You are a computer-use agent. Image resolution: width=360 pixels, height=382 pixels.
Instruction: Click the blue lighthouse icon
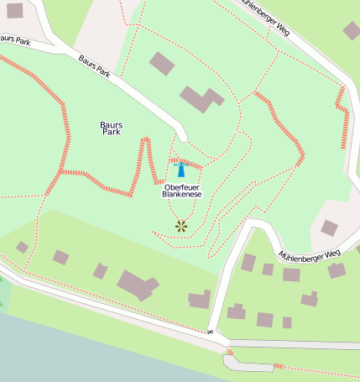pyautogui.click(x=180, y=170)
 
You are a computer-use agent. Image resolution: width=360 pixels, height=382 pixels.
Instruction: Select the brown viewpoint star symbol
pyautogui.click(x=180, y=225)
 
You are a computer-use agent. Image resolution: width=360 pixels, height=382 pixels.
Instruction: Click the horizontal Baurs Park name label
pyautogui.click(x=111, y=128)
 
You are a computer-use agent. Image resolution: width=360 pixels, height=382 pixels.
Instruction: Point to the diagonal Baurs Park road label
pyautogui.click(x=95, y=65)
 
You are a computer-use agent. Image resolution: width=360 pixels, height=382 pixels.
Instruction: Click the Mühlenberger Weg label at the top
pyautogui.click(x=267, y=14)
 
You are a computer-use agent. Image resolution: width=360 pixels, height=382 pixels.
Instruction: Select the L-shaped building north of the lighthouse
pyautogui.click(x=200, y=99)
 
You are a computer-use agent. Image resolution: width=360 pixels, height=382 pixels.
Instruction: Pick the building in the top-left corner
pyautogui.click(x=14, y=10)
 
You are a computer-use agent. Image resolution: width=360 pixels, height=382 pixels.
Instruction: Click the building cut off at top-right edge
pyautogui.click(x=352, y=30)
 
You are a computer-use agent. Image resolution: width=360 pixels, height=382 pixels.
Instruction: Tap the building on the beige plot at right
pyautogui.click(x=329, y=228)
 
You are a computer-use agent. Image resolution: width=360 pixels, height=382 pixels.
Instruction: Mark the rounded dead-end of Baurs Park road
pyautogui.click(x=181, y=133)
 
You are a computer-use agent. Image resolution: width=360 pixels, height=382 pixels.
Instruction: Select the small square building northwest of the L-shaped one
pyautogui.click(x=162, y=63)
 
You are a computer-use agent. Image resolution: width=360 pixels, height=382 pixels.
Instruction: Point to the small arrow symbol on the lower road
pyautogui.click(x=210, y=332)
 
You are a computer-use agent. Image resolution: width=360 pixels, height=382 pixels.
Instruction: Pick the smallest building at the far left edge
pyautogui.click(x=22, y=247)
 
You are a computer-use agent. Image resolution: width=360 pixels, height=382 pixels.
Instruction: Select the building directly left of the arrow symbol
pyautogui.click(x=200, y=299)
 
